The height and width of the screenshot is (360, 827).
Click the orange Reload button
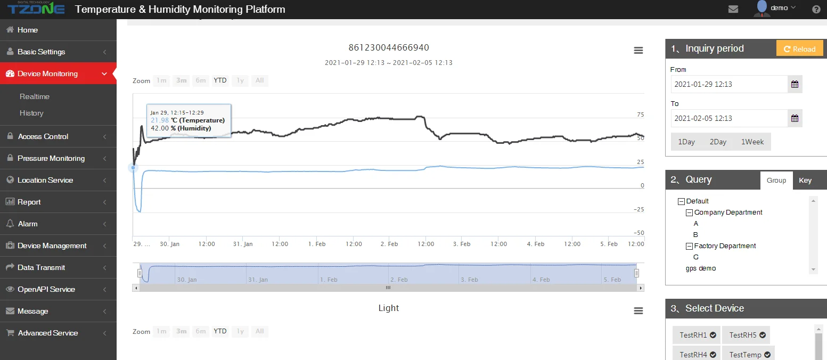[x=799, y=48]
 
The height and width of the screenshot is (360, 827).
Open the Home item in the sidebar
[x=27, y=30]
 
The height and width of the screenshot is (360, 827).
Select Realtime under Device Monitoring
[x=35, y=96]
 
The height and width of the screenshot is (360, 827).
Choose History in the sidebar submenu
[x=31, y=113]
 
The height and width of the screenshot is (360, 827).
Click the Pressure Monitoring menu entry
[x=51, y=158]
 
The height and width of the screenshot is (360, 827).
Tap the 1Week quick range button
[x=752, y=142]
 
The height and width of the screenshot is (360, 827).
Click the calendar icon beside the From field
[x=795, y=84]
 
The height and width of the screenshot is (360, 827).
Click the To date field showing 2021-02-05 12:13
[x=728, y=118]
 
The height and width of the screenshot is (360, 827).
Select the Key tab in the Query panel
[x=805, y=180]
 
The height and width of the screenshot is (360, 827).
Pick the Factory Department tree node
[x=725, y=246]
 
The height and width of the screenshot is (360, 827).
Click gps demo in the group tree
[x=701, y=268]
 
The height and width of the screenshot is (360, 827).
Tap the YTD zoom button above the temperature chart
[x=220, y=80]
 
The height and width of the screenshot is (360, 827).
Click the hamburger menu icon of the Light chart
[x=638, y=311]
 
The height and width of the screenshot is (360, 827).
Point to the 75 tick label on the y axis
[x=640, y=114]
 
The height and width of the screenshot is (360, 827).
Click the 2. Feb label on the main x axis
[x=389, y=244]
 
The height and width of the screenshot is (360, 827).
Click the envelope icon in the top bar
[x=733, y=9]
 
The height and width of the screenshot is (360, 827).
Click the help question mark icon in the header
[x=816, y=9]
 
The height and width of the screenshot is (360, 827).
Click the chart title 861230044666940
[x=389, y=47]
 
